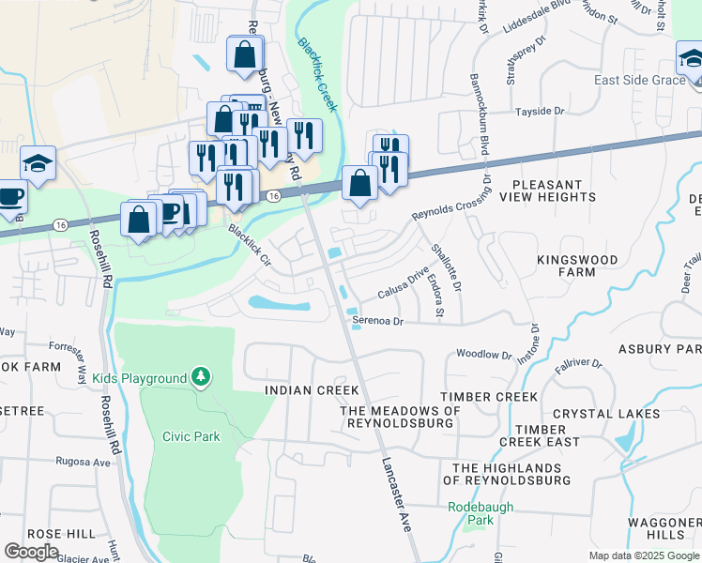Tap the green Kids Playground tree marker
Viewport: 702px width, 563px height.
[x=200, y=377]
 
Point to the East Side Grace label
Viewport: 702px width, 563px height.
[x=639, y=80]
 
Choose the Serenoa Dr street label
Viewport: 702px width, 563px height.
[x=376, y=321]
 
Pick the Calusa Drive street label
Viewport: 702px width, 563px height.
[x=403, y=285]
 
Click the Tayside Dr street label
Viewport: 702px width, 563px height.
[x=540, y=112]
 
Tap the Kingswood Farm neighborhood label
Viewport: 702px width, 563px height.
[x=577, y=266]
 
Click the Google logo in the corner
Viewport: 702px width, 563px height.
[x=31, y=552]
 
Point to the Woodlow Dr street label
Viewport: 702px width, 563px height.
[x=483, y=356]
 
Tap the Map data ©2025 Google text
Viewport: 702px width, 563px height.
[x=643, y=555]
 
